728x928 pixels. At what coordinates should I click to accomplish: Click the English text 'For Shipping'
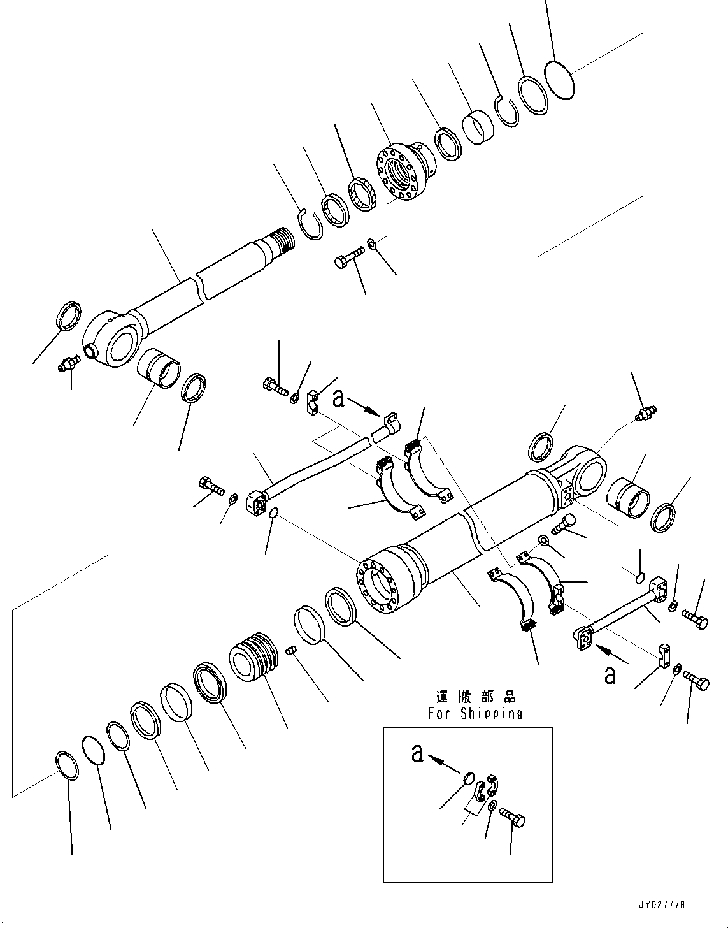(x=475, y=713)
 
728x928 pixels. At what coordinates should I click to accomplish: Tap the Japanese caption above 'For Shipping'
(x=476, y=697)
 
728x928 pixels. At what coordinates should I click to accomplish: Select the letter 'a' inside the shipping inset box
(x=417, y=753)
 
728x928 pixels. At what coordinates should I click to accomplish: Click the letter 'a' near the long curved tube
(x=339, y=398)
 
